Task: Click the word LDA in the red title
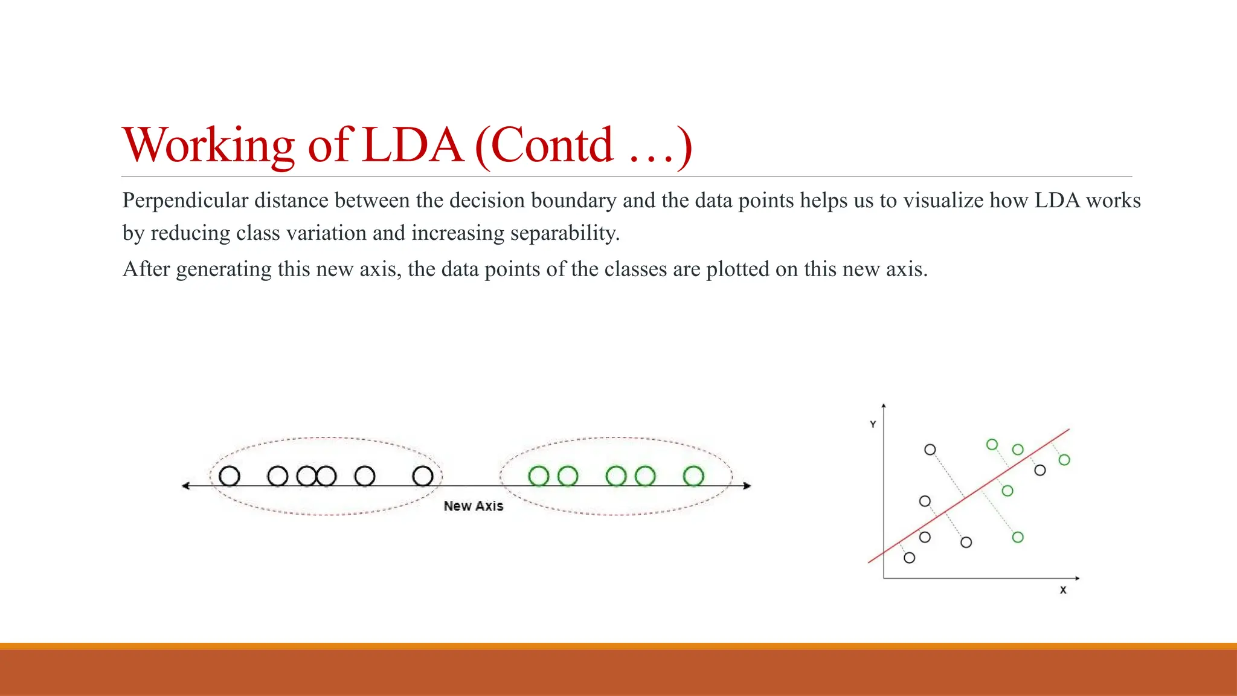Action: click(x=413, y=146)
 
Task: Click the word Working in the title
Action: click(x=208, y=146)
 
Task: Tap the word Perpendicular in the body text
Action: click(x=185, y=201)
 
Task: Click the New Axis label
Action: click(x=473, y=506)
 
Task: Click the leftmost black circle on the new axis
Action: click(x=230, y=476)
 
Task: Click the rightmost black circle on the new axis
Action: click(x=423, y=476)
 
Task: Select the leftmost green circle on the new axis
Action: click(x=538, y=476)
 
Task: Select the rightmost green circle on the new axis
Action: click(x=693, y=476)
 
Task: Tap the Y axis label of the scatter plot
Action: click(x=873, y=425)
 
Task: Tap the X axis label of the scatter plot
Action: click(x=1063, y=590)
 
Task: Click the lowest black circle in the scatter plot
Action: click(x=909, y=558)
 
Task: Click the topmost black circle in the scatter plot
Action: click(x=930, y=449)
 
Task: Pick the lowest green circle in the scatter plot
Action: click(x=1018, y=537)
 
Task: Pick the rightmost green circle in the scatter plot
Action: click(x=1064, y=460)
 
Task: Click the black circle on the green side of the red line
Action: click(x=1039, y=470)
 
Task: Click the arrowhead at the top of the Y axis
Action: click(x=884, y=406)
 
